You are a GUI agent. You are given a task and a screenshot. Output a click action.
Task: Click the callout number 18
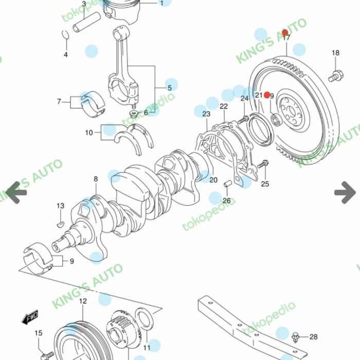coord(335,53)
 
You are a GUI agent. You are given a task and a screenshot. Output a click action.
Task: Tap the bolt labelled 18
coord(335,76)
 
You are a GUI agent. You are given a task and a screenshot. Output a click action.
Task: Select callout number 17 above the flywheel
coord(286,38)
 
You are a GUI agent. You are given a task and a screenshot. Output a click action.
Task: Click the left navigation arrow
coord(15,192)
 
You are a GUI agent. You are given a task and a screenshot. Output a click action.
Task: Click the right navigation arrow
coord(345,192)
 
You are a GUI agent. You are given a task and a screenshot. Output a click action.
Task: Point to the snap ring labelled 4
coord(65,34)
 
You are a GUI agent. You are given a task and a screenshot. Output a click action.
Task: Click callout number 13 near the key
coord(60,206)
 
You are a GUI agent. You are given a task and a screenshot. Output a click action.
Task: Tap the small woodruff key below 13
coord(60,224)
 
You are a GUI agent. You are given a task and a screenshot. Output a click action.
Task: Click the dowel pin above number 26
coord(226,185)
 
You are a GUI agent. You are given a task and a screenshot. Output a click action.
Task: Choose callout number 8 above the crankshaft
coord(96,179)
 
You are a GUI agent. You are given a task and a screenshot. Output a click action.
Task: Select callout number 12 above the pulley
coord(83,301)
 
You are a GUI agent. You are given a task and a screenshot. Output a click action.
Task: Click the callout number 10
coord(89,133)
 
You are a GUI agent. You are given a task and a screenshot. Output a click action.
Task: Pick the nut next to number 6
coord(134,113)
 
